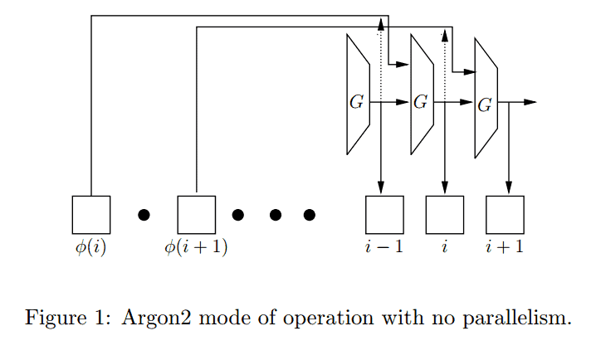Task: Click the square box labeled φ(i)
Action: click(90, 215)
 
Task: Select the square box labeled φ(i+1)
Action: click(197, 215)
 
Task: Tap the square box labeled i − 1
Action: click(384, 215)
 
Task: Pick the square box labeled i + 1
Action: click(505, 215)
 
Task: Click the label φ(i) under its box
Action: click(90, 247)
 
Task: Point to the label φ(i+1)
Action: click(197, 247)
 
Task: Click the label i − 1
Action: click(384, 246)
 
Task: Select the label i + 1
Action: click(505, 246)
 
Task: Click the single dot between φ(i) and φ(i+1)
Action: click(144, 215)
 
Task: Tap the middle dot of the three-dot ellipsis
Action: click(275, 215)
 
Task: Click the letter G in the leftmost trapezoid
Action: click(356, 103)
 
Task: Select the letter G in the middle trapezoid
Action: click(420, 103)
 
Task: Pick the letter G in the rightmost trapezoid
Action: click(485, 104)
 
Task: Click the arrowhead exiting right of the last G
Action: click(530, 102)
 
